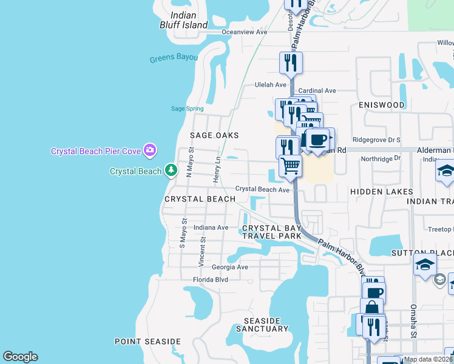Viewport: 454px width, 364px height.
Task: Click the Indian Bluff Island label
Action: coord(188,21)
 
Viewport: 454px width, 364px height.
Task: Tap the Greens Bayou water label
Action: coord(174,58)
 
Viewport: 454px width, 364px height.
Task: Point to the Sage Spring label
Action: coord(187,109)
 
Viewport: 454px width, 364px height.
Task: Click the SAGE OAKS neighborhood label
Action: coord(214,135)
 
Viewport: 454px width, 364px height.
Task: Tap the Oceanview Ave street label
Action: coord(245,32)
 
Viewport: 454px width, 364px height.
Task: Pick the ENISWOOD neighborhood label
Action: coord(382,105)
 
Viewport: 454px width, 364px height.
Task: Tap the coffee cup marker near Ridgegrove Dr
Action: coord(317,140)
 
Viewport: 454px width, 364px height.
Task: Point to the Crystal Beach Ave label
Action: coord(262,189)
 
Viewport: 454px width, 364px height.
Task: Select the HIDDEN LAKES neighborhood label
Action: coord(382,192)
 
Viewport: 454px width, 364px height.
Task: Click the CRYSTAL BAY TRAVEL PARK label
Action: coord(272,232)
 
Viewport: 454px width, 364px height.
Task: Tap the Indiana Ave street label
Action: coord(211,227)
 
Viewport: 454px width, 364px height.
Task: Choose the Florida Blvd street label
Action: coord(210,280)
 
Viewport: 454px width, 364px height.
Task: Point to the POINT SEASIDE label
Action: coord(147,342)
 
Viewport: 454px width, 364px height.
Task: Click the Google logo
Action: coord(20,357)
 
